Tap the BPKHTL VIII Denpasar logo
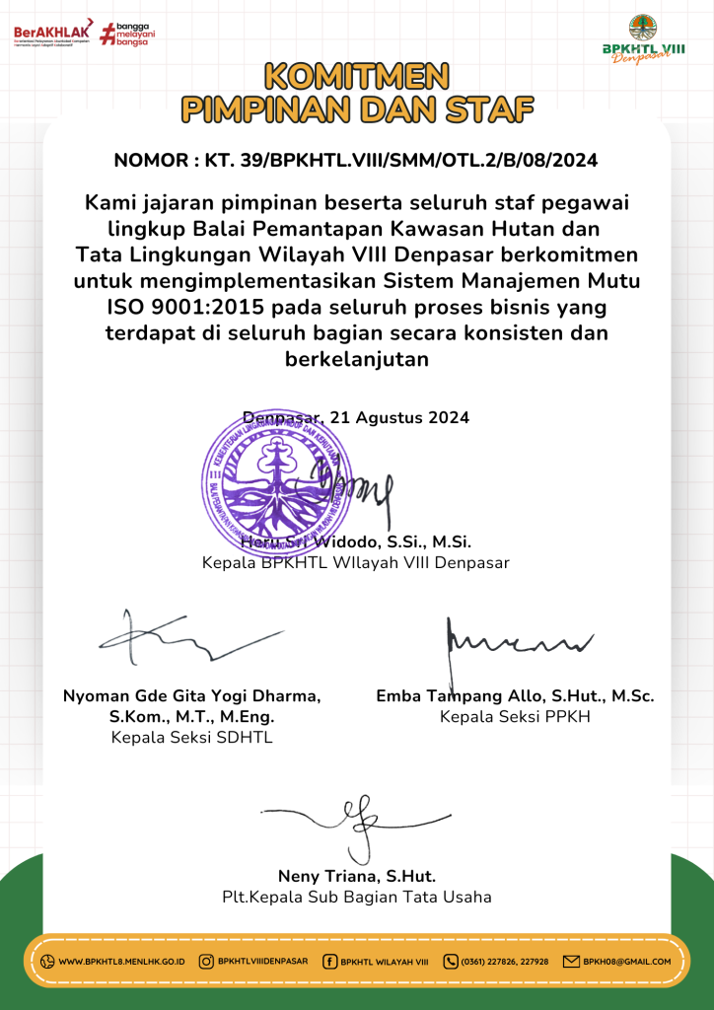pos(644,38)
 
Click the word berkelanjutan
pos(357,358)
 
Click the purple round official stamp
pos(278,474)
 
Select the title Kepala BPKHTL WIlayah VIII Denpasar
pos(356,563)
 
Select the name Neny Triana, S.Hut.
pos(357,876)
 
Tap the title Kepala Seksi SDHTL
pos(191,737)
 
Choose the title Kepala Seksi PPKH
pos(515,717)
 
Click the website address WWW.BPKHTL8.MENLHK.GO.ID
pos(122,962)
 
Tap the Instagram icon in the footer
pos(206,962)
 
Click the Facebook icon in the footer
pos(329,962)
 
